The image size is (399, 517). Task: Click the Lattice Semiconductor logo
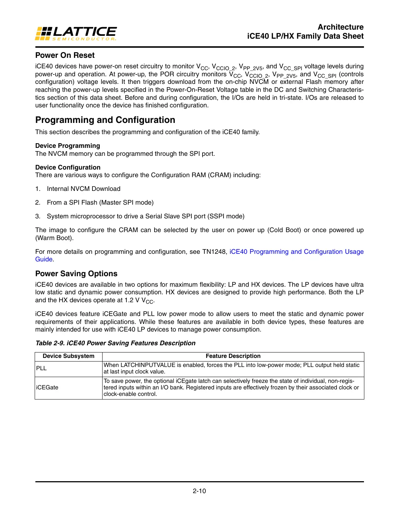[x=76, y=33]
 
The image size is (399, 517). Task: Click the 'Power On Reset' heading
[x=65, y=55]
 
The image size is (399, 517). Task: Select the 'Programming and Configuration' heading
[x=105, y=120]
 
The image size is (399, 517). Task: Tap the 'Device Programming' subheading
[x=68, y=146]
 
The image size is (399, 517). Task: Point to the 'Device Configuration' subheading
[x=68, y=167]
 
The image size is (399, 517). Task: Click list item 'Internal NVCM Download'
[x=83, y=189]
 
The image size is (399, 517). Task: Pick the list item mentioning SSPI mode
[x=145, y=216]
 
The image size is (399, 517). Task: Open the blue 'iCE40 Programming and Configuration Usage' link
[x=296, y=252]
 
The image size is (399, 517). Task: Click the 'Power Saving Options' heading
[x=76, y=274]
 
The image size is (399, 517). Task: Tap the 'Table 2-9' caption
[x=115, y=343]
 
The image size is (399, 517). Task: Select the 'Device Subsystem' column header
[x=69, y=356]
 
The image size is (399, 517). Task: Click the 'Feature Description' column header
[x=233, y=356]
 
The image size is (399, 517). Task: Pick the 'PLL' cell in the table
[x=42, y=368]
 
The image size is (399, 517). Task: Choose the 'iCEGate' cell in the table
[x=47, y=387]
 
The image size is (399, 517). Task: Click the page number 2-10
[x=199, y=491]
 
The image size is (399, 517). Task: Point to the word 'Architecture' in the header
[x=341, y=27]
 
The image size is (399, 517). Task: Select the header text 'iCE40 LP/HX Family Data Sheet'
[x=305, y=36]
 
